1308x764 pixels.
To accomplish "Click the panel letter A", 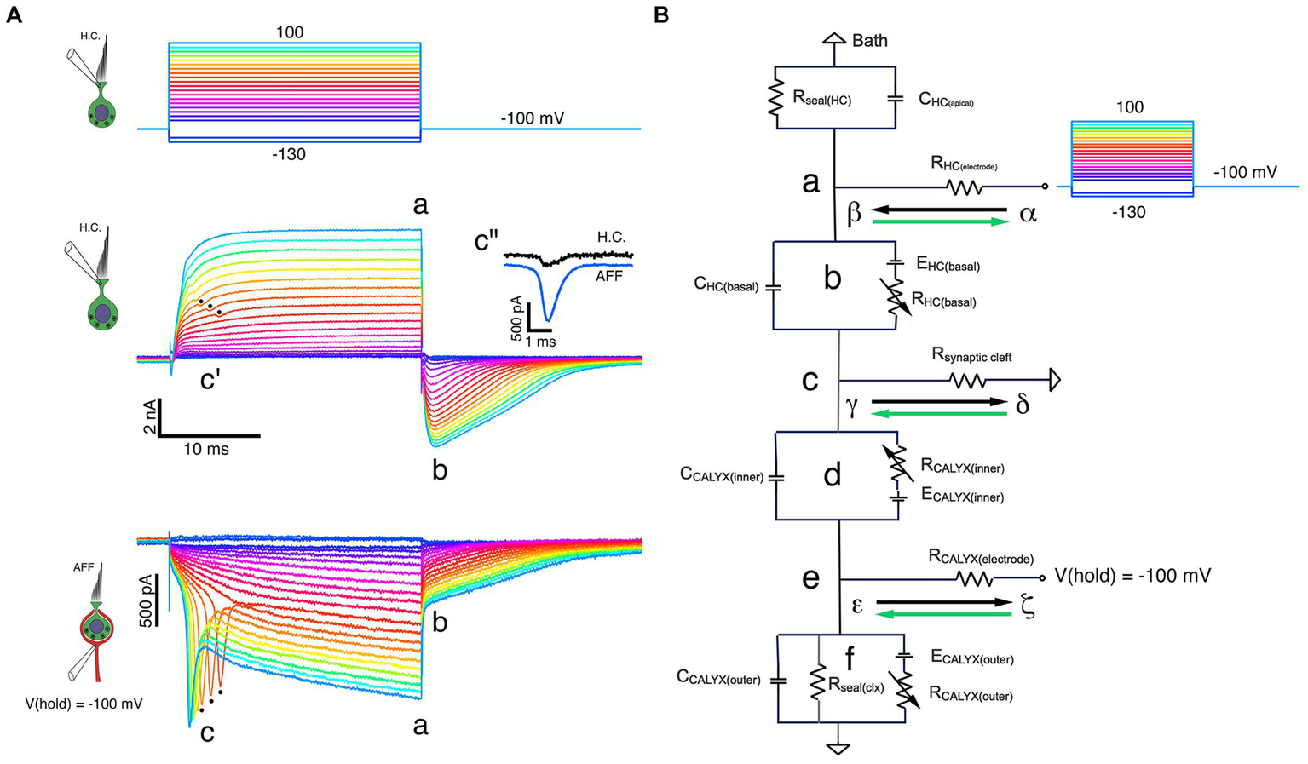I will [x=14, y=14].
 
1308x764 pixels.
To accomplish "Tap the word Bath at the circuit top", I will [x=869, y=40].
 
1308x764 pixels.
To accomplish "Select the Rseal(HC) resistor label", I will [x=822, y=100].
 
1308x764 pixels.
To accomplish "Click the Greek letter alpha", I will [x=1028, y=214].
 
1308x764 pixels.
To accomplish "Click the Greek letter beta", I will [x=854, y=214].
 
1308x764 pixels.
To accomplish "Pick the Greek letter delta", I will [x=1022, y=405].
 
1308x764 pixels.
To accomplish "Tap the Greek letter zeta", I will [x=1028, y=608].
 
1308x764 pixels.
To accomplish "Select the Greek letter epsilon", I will [x=856, y=606].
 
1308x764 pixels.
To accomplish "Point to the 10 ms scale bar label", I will [x=205, y=449].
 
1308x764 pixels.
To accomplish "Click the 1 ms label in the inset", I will [x=539, y=342].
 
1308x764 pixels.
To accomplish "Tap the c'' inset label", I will [x=487, y=241].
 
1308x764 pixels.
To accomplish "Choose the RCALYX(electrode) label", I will [x=980, y=560].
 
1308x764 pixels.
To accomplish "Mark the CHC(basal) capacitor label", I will [x=726, y=286].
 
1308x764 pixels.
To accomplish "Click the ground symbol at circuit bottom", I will [x=839, y=748].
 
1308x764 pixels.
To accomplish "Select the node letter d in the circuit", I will [x=833, y=475].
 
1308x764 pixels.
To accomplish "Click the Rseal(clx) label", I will [x=856, y=682].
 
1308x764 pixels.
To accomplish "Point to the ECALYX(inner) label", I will [x=962, y=497].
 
